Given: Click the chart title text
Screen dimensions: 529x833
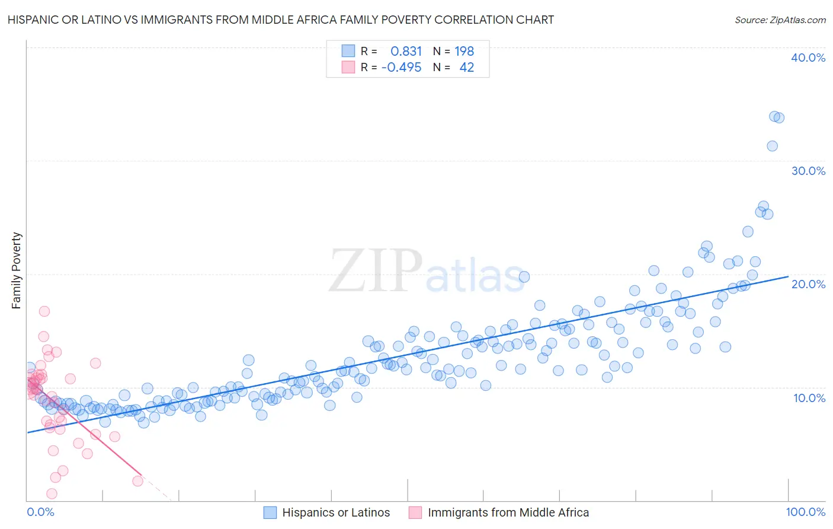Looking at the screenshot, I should click(281, 20).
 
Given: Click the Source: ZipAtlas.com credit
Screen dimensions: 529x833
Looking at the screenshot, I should click(780, 20).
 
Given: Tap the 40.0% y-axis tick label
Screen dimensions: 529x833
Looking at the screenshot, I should click(808, 58).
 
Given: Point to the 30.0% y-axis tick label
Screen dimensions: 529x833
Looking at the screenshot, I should click(808, 171).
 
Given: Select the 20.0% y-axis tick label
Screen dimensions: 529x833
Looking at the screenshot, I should click(808, 284).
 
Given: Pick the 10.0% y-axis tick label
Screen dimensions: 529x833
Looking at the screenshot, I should click(809, 398).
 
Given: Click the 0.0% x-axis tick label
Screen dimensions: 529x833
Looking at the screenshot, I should click(40, 512).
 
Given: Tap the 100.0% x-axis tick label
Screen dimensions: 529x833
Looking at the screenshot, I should click(805, 512).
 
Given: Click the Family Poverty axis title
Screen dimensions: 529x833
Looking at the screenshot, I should click(17, 270).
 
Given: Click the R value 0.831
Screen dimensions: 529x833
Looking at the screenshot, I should click(406, 51).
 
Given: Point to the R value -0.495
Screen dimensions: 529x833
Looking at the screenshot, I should click(401, 67).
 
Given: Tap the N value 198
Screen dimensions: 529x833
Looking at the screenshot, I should click(464, 51).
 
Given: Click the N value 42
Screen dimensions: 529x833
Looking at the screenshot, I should click(466, 67).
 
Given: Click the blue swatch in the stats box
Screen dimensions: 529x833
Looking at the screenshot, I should click(348, 51).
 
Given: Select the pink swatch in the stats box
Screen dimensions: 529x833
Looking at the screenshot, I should click(348, 67).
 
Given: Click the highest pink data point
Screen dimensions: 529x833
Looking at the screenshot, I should click(44, 311).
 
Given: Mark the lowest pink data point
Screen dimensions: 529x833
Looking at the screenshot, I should click(52, 493).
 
